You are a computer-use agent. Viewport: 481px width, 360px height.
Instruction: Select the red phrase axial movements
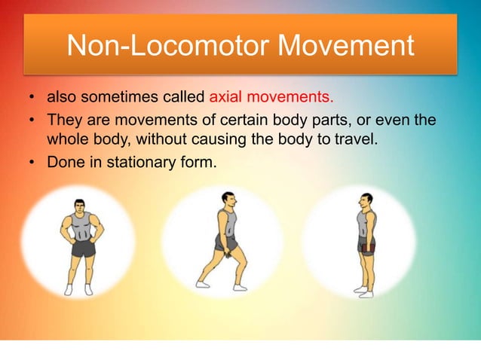coord(271,98)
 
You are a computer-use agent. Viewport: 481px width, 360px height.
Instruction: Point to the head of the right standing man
coord(366,201)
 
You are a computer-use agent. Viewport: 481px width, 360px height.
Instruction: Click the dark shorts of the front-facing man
coord(83,248)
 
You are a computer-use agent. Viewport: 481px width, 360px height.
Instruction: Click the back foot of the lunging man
coord(202,284)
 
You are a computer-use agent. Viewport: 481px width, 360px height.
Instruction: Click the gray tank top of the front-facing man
coord(81,225)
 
